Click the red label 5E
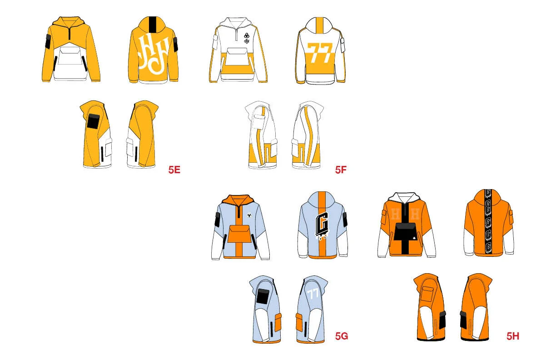pos(174,170)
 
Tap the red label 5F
pos(341,170)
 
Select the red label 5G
pos(342,336)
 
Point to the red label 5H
pos(513,336)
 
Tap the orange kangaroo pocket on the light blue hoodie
pos(238,234)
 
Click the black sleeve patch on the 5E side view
pos(93,122)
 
